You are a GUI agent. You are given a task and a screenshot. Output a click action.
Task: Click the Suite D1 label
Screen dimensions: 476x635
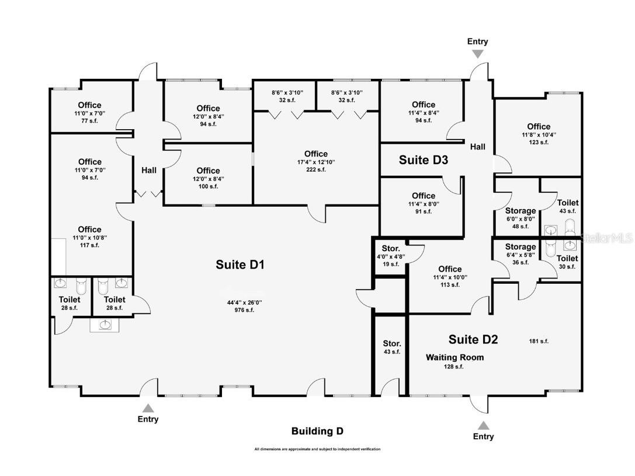(240, 265)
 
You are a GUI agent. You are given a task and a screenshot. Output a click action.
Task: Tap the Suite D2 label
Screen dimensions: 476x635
(473, 339)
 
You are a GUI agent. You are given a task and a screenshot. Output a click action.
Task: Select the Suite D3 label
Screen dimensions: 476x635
(424, 159)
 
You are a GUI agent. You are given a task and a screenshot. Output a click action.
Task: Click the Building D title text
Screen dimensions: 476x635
(317, 432)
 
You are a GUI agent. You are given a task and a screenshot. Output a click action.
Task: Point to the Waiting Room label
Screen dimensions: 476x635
(454, 357)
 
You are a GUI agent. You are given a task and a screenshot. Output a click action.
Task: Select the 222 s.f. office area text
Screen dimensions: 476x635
(315, 169)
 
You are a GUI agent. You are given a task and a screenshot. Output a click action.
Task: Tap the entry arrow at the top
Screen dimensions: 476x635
(477, 54)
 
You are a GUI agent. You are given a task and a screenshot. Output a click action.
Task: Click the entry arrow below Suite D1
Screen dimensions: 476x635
(148, 408)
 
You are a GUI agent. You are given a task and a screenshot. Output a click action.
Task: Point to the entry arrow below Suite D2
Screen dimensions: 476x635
(483, 425)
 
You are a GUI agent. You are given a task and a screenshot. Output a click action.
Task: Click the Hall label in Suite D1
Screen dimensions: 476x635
(148, 171)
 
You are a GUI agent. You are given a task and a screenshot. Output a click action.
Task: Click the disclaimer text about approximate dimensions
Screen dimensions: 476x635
(317, 449)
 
